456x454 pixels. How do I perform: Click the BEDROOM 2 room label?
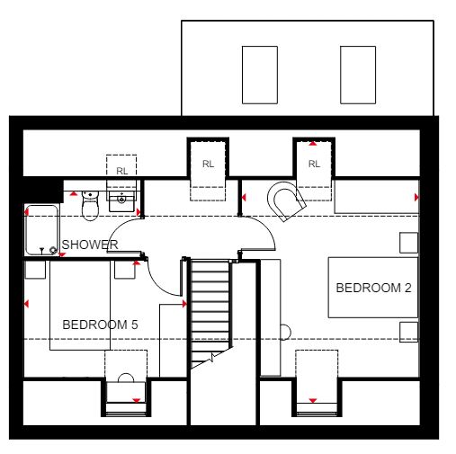pos(373,288)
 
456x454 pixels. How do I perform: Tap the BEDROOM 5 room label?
pos(100,325)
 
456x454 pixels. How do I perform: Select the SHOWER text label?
pos(90,245)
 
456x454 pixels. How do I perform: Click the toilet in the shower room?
pos(90,206)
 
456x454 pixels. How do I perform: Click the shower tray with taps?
pos(41,230)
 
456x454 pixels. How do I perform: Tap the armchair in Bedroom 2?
pos(286,200)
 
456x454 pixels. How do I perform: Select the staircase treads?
pos(210,312)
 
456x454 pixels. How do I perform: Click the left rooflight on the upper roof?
pos(260,75)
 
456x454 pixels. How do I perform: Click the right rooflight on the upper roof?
pos(358,75)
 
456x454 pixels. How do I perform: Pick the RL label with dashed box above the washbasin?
pos(122,171)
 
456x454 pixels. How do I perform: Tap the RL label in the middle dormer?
pos(208,164)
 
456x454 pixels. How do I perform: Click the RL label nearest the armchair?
pos(314,164)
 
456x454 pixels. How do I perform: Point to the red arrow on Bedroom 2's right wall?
pos(416,197)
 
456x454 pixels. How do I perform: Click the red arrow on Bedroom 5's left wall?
pos(26,304)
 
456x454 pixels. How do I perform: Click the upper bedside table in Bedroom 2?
pos(408,243)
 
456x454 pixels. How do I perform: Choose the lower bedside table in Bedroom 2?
pos(408,332)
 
